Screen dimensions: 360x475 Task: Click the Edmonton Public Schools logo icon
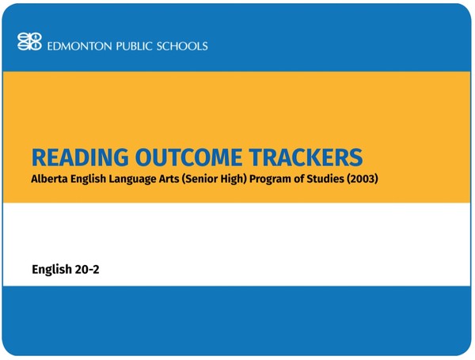29,43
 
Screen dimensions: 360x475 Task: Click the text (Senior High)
222,180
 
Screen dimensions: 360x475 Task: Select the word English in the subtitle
92,180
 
